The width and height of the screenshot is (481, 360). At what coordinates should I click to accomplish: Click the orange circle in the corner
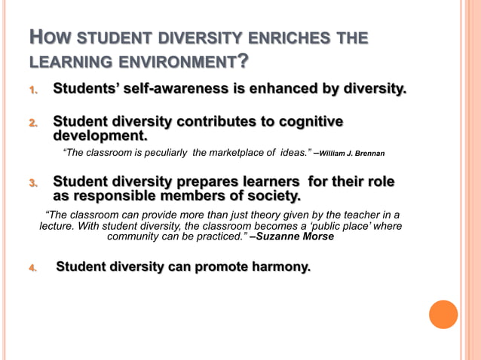[x=443, y=314]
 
